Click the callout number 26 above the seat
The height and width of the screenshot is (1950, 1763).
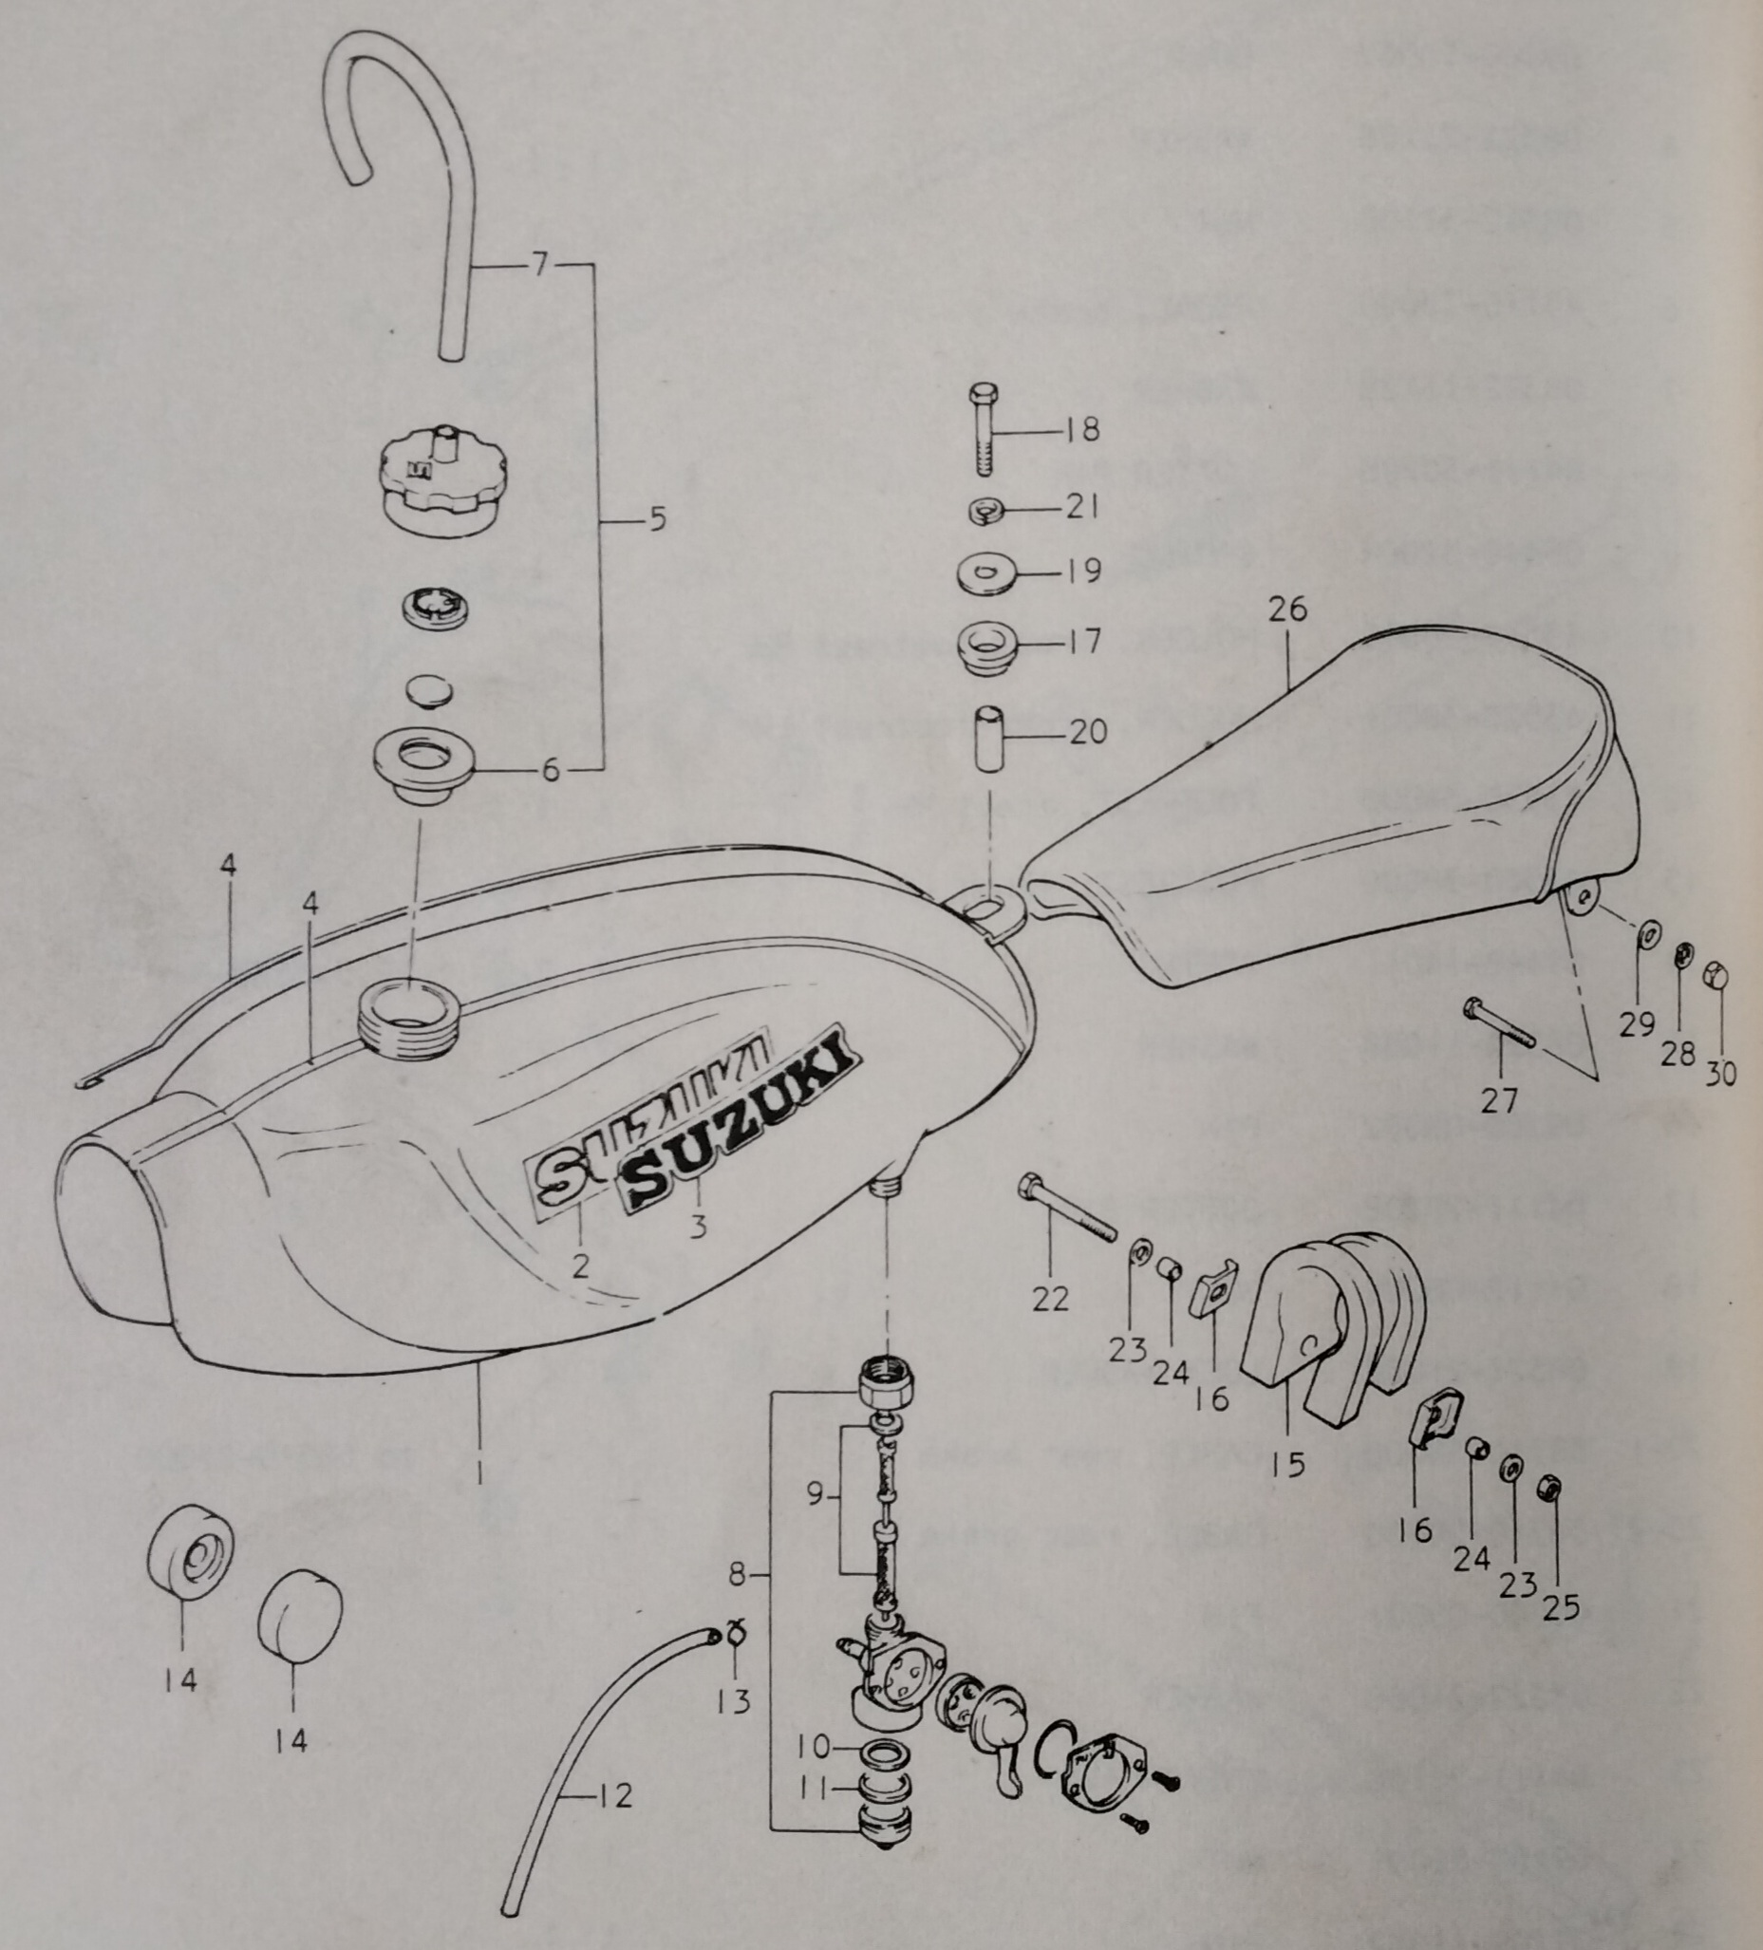(x=1288, y=609)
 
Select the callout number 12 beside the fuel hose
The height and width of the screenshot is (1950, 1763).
(x=614, y=1795)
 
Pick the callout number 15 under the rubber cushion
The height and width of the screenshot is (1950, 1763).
(x=1287, y=1491)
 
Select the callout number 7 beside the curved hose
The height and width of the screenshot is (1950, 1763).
(x=539, y=263)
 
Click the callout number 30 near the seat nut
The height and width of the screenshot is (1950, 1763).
(x=1720, y=1073)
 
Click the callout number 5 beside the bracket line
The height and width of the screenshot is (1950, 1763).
(x=657, y=520)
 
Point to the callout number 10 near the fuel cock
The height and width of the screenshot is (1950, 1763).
(x=814, y=1747)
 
